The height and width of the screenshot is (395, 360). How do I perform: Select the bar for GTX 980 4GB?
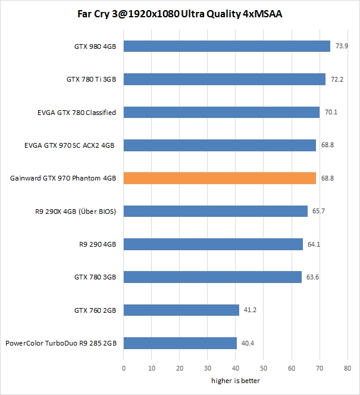tap(227, 46)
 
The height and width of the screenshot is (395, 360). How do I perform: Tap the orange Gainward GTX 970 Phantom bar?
tap(220, 178)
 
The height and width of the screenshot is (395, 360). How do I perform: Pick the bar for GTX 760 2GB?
tap(181, 310)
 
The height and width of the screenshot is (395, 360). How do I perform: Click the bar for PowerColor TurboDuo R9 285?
tap(180, 343)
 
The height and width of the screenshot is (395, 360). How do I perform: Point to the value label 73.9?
tap(342, 46)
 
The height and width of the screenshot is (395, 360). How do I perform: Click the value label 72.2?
tap(337, 79)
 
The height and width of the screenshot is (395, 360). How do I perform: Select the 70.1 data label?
tap(331, 112)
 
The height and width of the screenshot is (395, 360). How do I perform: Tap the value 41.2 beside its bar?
tap(250, 310)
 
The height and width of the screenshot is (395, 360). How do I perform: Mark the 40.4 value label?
tap(248, 343)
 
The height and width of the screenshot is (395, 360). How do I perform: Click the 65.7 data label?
tap(318, 211)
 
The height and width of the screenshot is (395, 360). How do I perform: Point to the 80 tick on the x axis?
tap(348, 368)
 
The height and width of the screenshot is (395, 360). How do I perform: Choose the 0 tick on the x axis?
tap(124, 368)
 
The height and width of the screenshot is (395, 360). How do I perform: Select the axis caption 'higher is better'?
tap(235, 381)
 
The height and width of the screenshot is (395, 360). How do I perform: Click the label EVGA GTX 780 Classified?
tap(77, 112)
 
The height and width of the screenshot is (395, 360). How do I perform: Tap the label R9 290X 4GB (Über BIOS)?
tap(76, 211)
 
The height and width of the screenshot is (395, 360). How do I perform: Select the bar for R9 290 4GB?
tap(213, 244)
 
